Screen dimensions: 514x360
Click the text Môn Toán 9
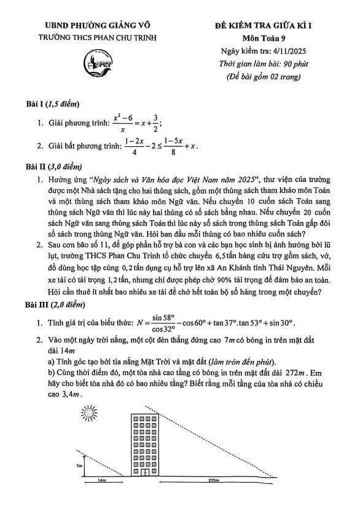269,37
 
